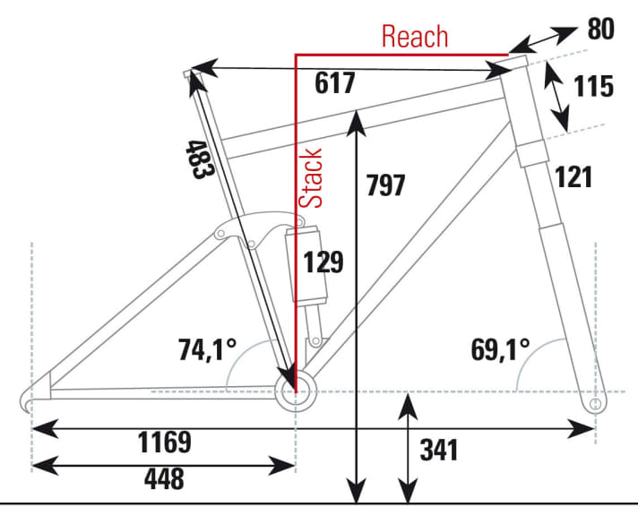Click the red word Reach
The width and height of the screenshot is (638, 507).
(414, 37)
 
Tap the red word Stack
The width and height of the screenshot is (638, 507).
(310, 178)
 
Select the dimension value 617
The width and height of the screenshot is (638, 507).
(335, 84)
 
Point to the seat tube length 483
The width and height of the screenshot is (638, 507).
(199, 159)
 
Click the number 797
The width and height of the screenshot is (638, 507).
(386, 185)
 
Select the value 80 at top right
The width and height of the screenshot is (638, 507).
(600, 30)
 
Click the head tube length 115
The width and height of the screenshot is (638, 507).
(593, 86)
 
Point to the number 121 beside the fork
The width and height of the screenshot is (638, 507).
(573, 176)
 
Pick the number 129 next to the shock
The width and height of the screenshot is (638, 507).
(323, 262)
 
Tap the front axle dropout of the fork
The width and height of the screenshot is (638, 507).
(595, 405)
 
